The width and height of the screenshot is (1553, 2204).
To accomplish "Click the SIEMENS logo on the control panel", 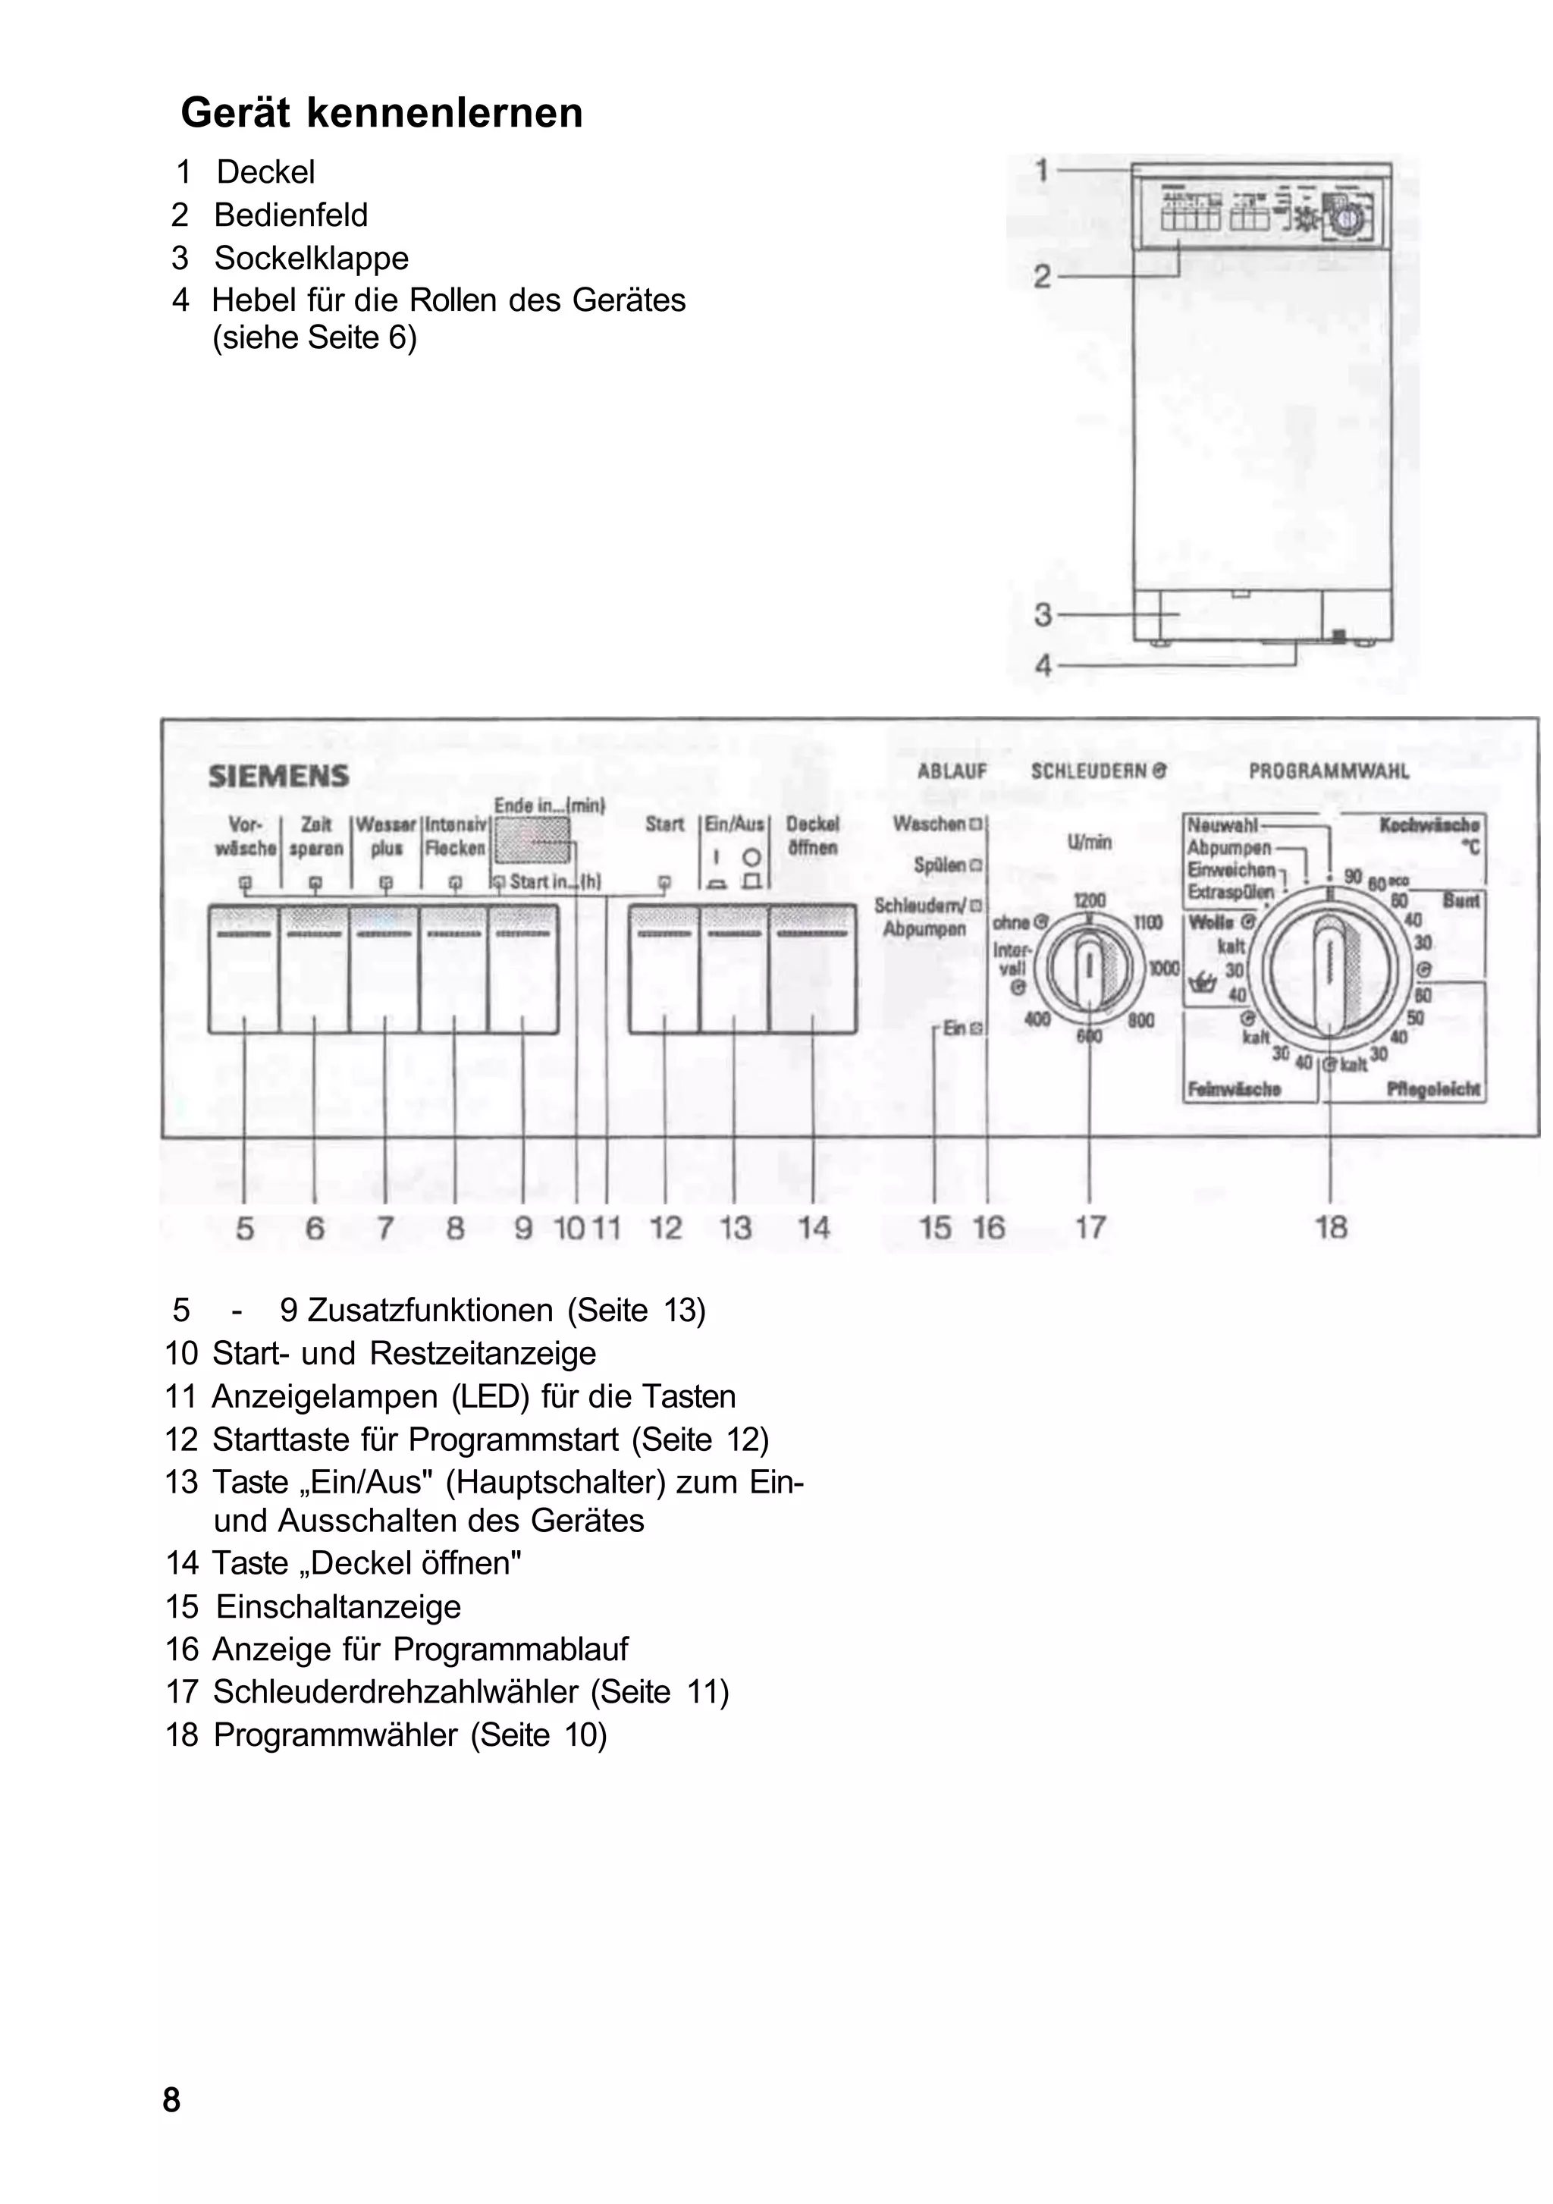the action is click(278, 776).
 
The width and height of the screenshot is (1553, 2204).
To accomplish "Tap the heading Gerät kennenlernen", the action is click(381, 112).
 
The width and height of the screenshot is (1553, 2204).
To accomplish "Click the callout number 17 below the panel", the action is click(1090, 1227).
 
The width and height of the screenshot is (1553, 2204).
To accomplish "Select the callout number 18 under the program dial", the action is click(1330, 1227).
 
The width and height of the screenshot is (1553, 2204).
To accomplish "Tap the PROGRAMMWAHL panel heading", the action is click(1329, 771).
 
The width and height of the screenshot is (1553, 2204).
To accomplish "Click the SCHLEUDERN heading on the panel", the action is click(1098, 771).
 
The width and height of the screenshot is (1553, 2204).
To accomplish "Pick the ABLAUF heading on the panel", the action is click(951, 771).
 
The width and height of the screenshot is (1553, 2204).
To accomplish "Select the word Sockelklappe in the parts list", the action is click(311, 257).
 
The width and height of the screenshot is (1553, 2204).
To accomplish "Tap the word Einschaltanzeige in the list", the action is click(338, 1606).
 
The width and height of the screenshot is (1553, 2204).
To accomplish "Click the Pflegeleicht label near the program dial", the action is click(1434, 1088).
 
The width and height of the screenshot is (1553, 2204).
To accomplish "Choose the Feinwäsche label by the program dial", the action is click(1234, 1088).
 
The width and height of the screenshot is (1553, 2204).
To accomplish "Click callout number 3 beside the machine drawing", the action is click(1043, 614).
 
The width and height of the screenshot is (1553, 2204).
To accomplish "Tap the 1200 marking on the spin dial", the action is click(1090, 899).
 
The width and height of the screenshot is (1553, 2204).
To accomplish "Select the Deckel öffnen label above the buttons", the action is click(812, 835).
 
